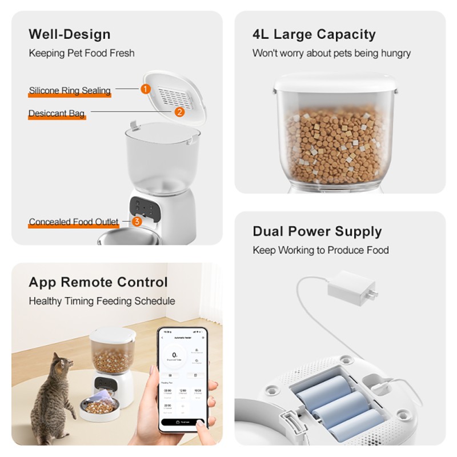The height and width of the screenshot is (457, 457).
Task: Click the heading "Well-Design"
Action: [x=70, y=34]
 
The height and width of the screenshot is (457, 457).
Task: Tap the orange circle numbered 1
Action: [x=145, y=89]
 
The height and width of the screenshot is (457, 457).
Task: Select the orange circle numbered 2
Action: [x=179, y=112]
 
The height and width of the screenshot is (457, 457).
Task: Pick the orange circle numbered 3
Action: [x=137, y=221]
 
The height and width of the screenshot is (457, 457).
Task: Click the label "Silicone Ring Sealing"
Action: [x=70, y=90]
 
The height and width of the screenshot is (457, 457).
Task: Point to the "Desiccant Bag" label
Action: [x=57, y=114]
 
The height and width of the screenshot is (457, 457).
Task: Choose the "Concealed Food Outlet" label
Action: [x=74, y=222]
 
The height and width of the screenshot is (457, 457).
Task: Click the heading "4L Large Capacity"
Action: [x=314, y=34]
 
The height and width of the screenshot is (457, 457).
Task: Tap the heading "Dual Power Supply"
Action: [x=317, y=231]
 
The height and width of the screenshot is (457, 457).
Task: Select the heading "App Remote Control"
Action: [x=98, y=282]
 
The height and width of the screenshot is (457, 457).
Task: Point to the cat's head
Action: [x=62, y=364]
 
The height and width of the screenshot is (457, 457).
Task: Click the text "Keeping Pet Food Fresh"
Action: [x=82, y=53]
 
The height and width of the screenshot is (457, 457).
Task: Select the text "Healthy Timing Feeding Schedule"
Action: [x=102, y=301]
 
